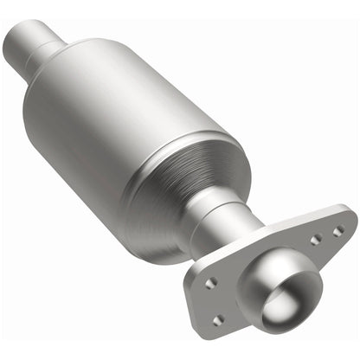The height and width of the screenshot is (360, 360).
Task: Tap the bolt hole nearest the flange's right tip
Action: point(337,231)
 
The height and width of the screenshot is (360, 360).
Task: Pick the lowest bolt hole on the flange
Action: point(219,320)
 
